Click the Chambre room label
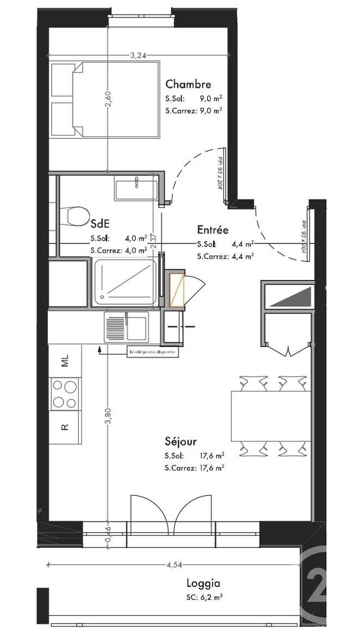coord(188,85)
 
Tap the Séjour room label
coord(181,442)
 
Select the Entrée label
coord(212,230)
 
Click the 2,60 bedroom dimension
coord(109,100)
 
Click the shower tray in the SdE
coord(127,283)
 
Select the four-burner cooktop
coord(65,394)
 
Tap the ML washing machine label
coord(65,360)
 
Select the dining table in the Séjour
coord(271,416)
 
